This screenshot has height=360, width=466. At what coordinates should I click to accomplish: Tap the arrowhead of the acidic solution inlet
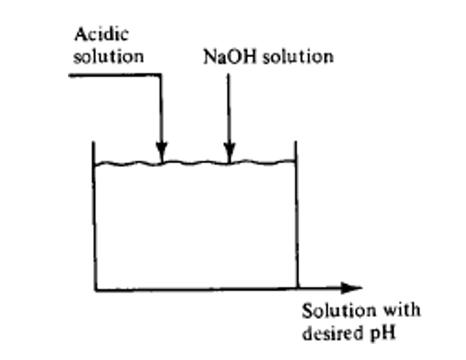coord(162,154)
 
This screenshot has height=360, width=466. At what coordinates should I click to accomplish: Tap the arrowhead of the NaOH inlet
coord(229,154)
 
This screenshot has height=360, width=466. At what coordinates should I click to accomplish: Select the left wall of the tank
coord(94,220)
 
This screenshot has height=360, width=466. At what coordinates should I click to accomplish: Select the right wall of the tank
coord(296,220)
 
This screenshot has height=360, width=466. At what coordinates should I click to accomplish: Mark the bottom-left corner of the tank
coord(95,289)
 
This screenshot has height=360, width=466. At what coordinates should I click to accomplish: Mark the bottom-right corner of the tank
coord(296,289)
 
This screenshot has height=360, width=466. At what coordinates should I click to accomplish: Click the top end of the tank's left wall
coord(94,142)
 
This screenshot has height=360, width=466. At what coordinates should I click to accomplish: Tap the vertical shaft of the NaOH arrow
coord(229,110)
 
